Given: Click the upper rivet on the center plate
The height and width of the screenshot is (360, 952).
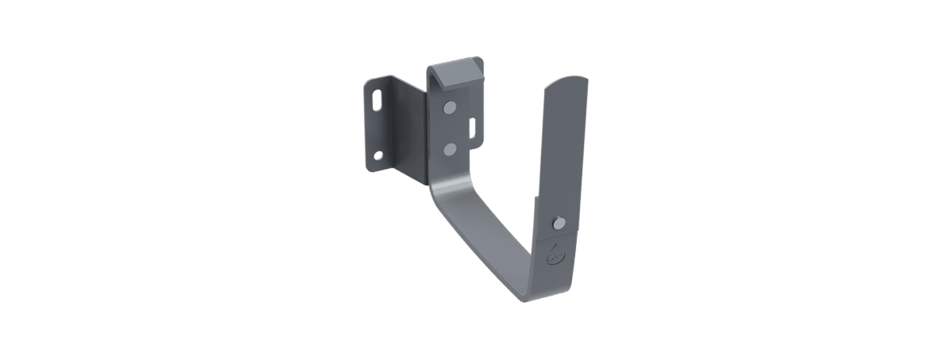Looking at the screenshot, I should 450,107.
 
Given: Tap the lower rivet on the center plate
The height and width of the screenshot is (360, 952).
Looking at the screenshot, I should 450,147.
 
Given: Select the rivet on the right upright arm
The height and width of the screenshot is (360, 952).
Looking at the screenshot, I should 558,224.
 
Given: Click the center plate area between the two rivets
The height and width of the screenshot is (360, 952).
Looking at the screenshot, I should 450,128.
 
